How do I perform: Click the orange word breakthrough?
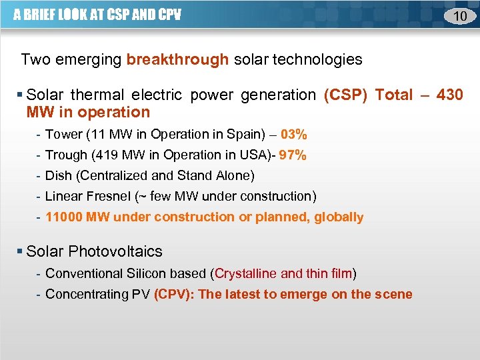pyautogui.click(x=177, y=59)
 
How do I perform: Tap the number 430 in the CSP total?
pyautogui.click(x=449, y=95)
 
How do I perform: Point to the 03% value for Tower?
pyautogui.click(x=293, y=134)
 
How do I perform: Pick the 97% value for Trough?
pyautogui.click(x=293, y=155)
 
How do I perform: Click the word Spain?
pyautogui.click(x=245, y=134)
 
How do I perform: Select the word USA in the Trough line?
pyautogui.click(x=257, y=155)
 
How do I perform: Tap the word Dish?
pyautogui.click(x=57, y=176)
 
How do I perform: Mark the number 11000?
pyautogui.click(x=65, y=217)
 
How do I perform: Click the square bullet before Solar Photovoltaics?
pyautogui.click(x=19, y=251)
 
